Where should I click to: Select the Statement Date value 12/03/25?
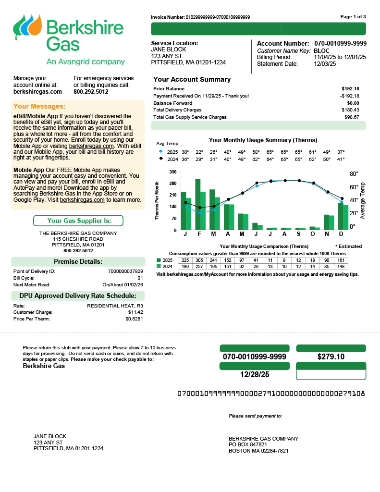tap(324, 63)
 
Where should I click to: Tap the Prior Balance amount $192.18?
tap(350, 89)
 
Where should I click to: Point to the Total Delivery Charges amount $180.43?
tap(350, 110)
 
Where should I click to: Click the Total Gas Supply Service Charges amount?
tap(352, 117)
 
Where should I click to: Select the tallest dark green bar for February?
tap(197, 204)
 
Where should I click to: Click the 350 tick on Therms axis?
tap(172, 172)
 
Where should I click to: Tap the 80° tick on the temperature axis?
tap(354, 173)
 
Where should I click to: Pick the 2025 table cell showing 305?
tap(199, 260)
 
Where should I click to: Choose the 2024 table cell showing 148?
tap(341, 266)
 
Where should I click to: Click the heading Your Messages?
tap(39, 106)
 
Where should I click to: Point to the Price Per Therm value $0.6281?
tap(134, 319)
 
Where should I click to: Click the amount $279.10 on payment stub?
tap(331, 357)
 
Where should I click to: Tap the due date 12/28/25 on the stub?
tap(254, 374)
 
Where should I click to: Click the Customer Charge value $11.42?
tap(135, 312)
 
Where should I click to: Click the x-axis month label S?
tap(299, 234)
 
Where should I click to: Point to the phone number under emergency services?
tap(91, 91)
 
